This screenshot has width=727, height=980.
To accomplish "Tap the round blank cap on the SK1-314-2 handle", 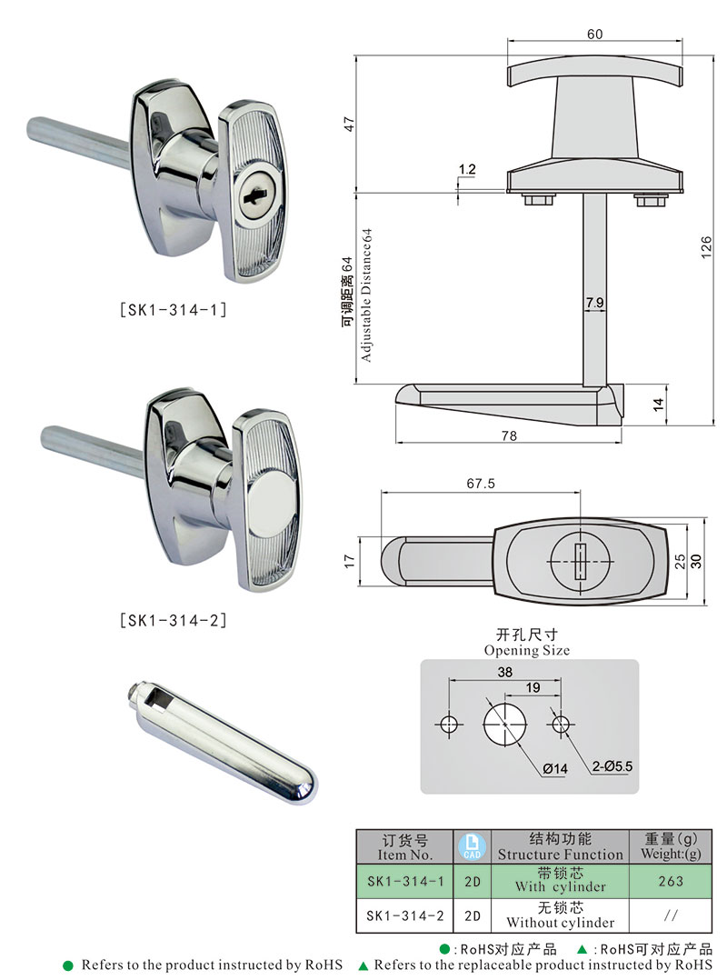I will [x=269, y=495].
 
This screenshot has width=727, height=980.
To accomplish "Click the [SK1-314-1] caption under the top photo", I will [x=174, y=309].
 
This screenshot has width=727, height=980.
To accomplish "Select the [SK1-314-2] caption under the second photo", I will [x=174, y=621].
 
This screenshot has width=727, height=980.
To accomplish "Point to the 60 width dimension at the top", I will [x=594, y=34].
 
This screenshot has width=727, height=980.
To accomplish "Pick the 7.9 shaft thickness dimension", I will [x=595, y=301].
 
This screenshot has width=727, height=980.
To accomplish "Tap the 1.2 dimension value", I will [x=467, y=169].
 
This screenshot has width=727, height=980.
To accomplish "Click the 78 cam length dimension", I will [x=509, y=436].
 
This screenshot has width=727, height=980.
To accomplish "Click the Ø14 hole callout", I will [x=554, y=769].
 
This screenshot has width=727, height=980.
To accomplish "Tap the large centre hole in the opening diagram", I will [x=505, y=724].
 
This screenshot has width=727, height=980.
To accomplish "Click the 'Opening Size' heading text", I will [x=527, y=650].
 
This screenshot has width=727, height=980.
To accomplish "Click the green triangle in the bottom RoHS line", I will [x=363, y=965].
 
